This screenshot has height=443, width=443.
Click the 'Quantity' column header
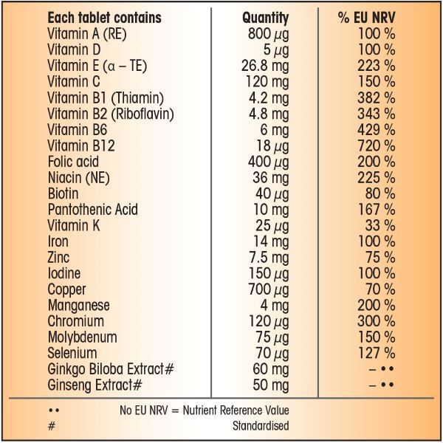click(x=265, y=18)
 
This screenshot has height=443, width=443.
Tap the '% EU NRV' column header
click(x=367, y=18)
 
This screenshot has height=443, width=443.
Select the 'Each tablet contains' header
click(x=104, y=18)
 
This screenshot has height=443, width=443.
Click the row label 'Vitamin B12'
click(x=78, y=145)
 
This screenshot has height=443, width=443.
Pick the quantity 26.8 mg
click(x=265, y=66)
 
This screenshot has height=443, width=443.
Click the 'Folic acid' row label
click(x=73, y=162)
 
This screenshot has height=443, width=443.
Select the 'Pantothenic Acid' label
click(x=92, y=210)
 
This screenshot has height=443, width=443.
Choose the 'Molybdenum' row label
click(x=82, y=337)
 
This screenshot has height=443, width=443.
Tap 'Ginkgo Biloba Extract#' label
click(x=110, y=369)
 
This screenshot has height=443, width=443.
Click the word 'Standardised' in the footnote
click(x=261, y=426)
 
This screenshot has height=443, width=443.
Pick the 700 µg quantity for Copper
click(x=267, y=289)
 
